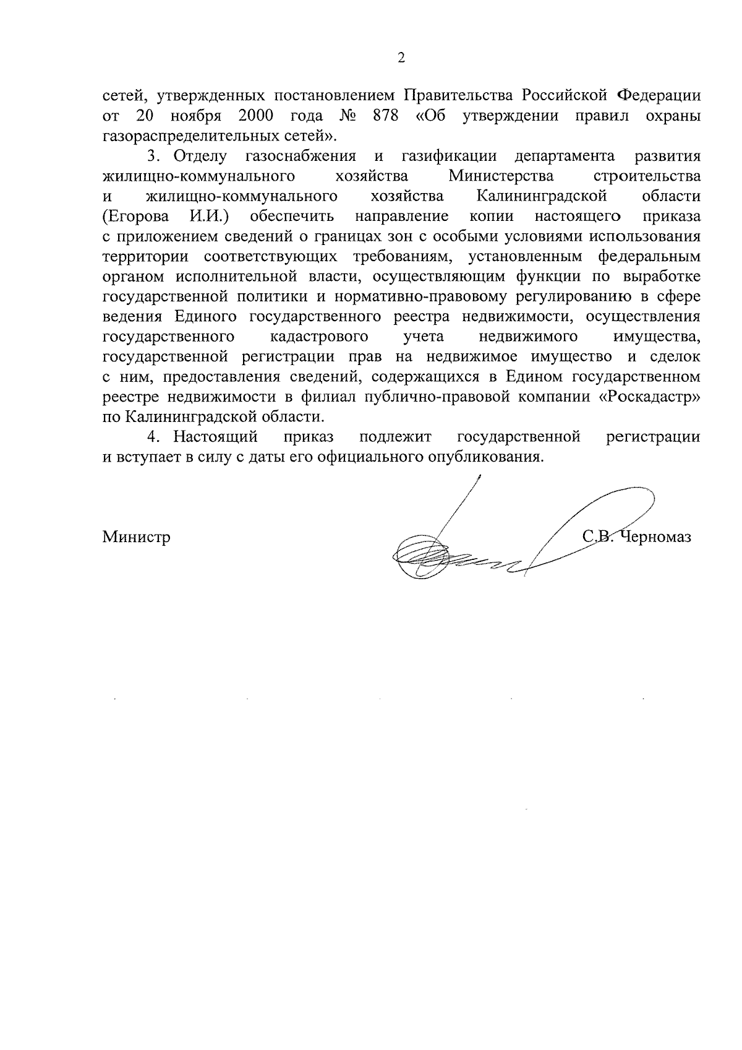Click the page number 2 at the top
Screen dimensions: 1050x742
coord(401,59)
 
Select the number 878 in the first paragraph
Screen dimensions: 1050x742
coord(385,116)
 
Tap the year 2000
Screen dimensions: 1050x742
coord(256,116)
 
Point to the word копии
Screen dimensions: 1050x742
coord(488,216)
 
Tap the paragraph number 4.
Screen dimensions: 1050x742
coord(152,437)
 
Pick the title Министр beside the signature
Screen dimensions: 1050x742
coord(136,536)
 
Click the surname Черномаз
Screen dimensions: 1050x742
coord(655,536)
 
